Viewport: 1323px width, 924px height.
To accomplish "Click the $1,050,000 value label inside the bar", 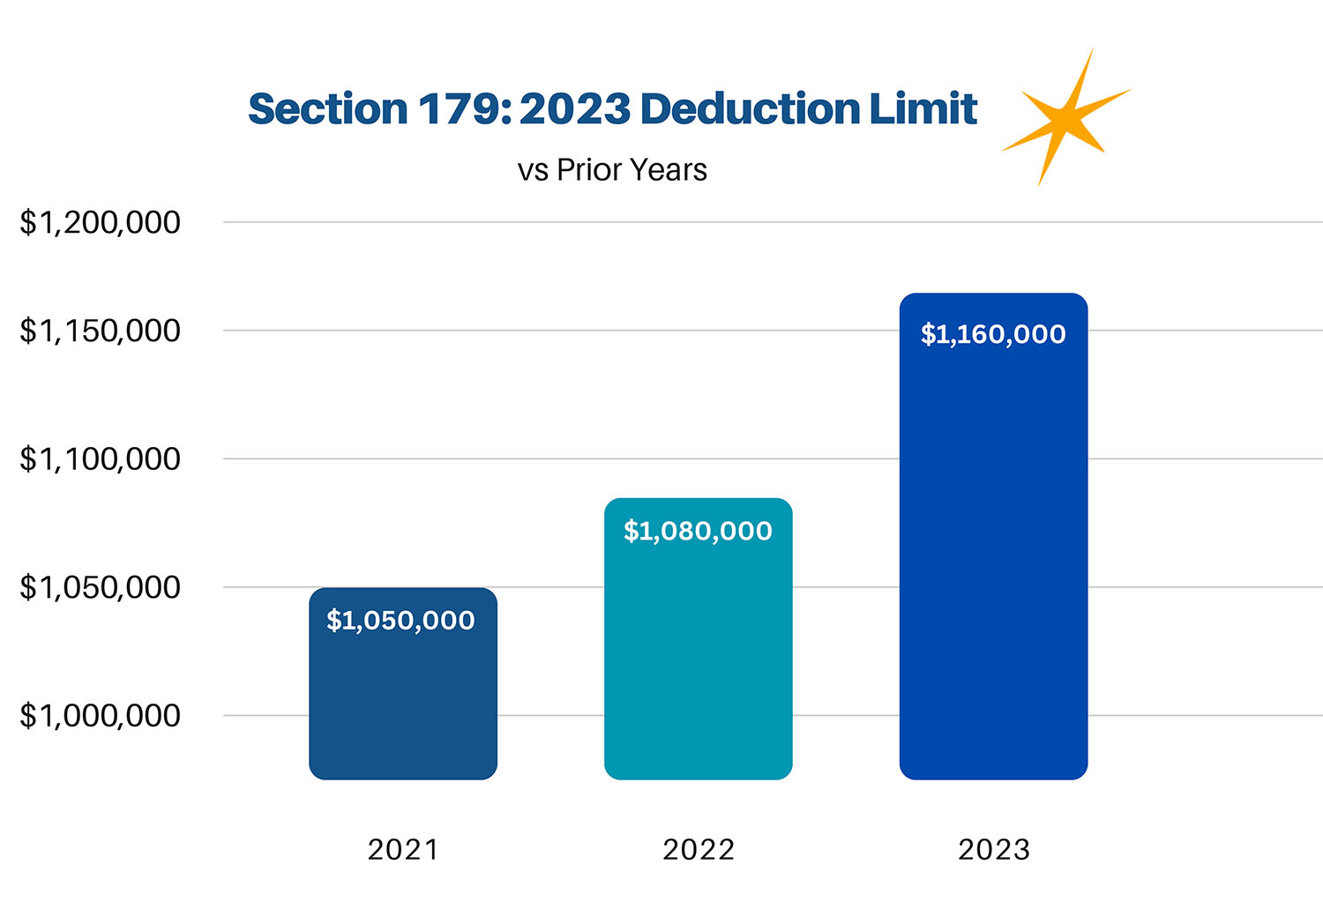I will tap(400, 621).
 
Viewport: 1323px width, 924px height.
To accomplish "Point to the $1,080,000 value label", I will tap(698, 531).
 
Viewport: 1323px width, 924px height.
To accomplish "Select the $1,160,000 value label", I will tap(993, 334).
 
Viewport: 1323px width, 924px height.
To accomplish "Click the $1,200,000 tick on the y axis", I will tap(100, 222).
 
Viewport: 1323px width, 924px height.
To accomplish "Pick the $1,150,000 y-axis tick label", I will tap(100, 331).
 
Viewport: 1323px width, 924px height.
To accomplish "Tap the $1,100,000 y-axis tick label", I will tap(100, 458).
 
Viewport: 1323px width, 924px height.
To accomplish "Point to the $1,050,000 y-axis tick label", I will tap(100, 587).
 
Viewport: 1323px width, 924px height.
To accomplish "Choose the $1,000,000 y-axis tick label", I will tap(100, 715).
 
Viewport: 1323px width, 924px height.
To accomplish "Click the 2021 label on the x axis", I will tap(403, 849).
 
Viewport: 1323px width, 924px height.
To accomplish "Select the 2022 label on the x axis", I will tap(699, 849).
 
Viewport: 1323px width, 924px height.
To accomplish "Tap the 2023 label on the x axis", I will tap(994, 849).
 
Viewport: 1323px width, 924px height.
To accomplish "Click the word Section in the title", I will tap(327, 109).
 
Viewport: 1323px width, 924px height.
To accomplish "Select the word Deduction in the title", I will tap(750, 109).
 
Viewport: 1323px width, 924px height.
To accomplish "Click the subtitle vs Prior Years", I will tap(612, 169).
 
